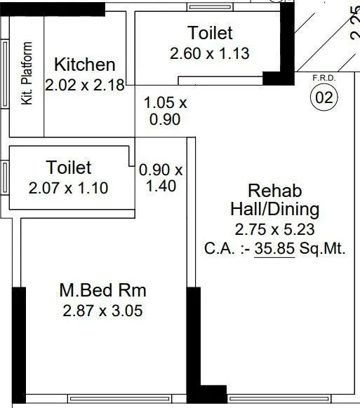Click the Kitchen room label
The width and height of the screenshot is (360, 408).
[x=84, y=65]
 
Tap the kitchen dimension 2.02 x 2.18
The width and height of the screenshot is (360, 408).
[x=84, y=86]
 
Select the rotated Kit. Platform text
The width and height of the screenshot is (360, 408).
[x=27, y=74]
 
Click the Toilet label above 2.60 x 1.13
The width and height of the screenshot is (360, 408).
[x=210, y=33]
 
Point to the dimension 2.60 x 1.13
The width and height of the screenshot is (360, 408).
[x=210, y=53]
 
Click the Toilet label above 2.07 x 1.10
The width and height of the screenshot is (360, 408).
[x=69, y=168]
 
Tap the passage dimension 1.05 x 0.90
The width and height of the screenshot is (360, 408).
[x=166, y=111]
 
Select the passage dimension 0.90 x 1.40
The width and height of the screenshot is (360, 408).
[x=161, y=178]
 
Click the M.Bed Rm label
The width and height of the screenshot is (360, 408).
[x=103, y=290]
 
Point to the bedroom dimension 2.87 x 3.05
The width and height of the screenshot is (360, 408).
[x=103, y=311]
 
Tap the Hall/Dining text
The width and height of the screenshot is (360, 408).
[x=274, y=209]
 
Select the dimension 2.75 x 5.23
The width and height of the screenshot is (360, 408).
[x=274, y=229]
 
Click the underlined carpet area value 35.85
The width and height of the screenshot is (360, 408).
[x=274, y=248]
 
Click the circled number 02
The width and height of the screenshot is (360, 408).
[x=324, y=98]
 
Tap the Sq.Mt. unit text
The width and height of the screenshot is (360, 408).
[x=322, y=248]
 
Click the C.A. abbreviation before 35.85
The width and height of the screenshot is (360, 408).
[x=218, y=248]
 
